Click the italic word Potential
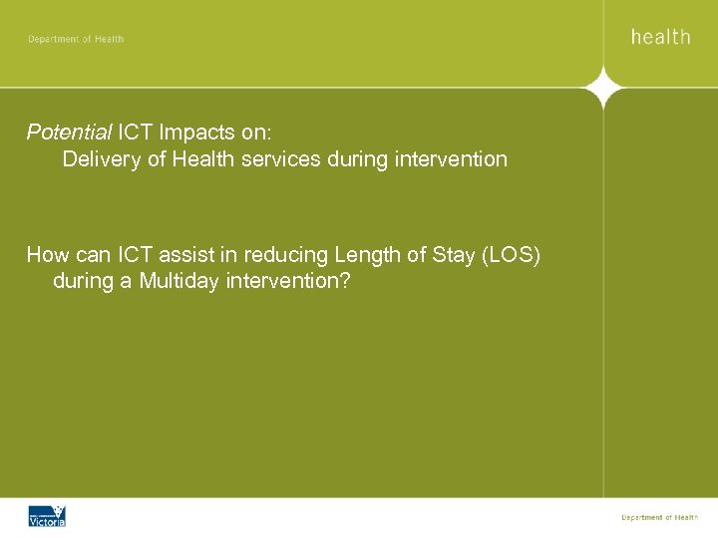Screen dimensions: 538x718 coord(69,132)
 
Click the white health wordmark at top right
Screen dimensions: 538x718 coord(660,37)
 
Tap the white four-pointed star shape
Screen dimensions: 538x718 coord(603,88)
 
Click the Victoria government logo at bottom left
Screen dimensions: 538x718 coord(46,516)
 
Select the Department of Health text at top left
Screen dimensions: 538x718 coord(76,39)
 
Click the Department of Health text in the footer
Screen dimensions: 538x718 coord(659,517)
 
